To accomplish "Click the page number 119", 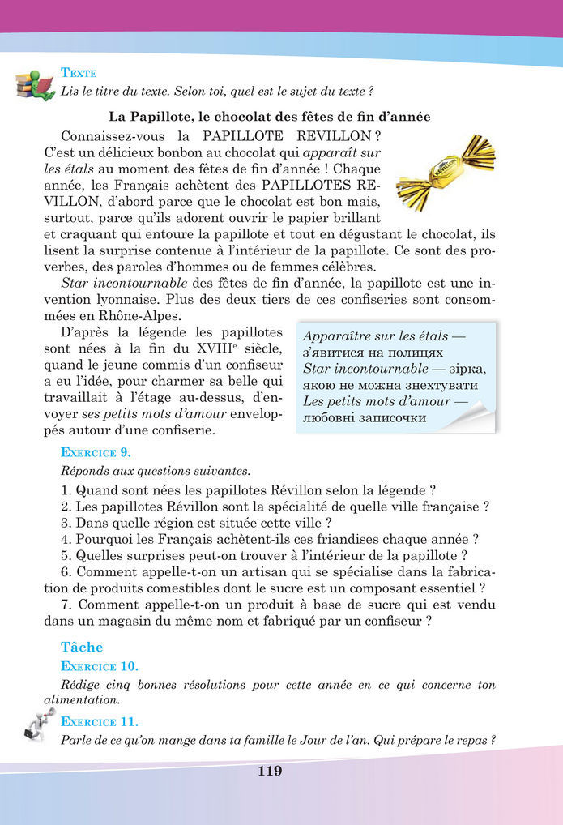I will (x=270, y=771).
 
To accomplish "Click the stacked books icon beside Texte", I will (x=34, y=83).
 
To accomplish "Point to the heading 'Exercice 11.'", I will (x=99, y=720).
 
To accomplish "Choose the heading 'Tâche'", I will (x=82, y=647).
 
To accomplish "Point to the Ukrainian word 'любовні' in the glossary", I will (x=329, y=418).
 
